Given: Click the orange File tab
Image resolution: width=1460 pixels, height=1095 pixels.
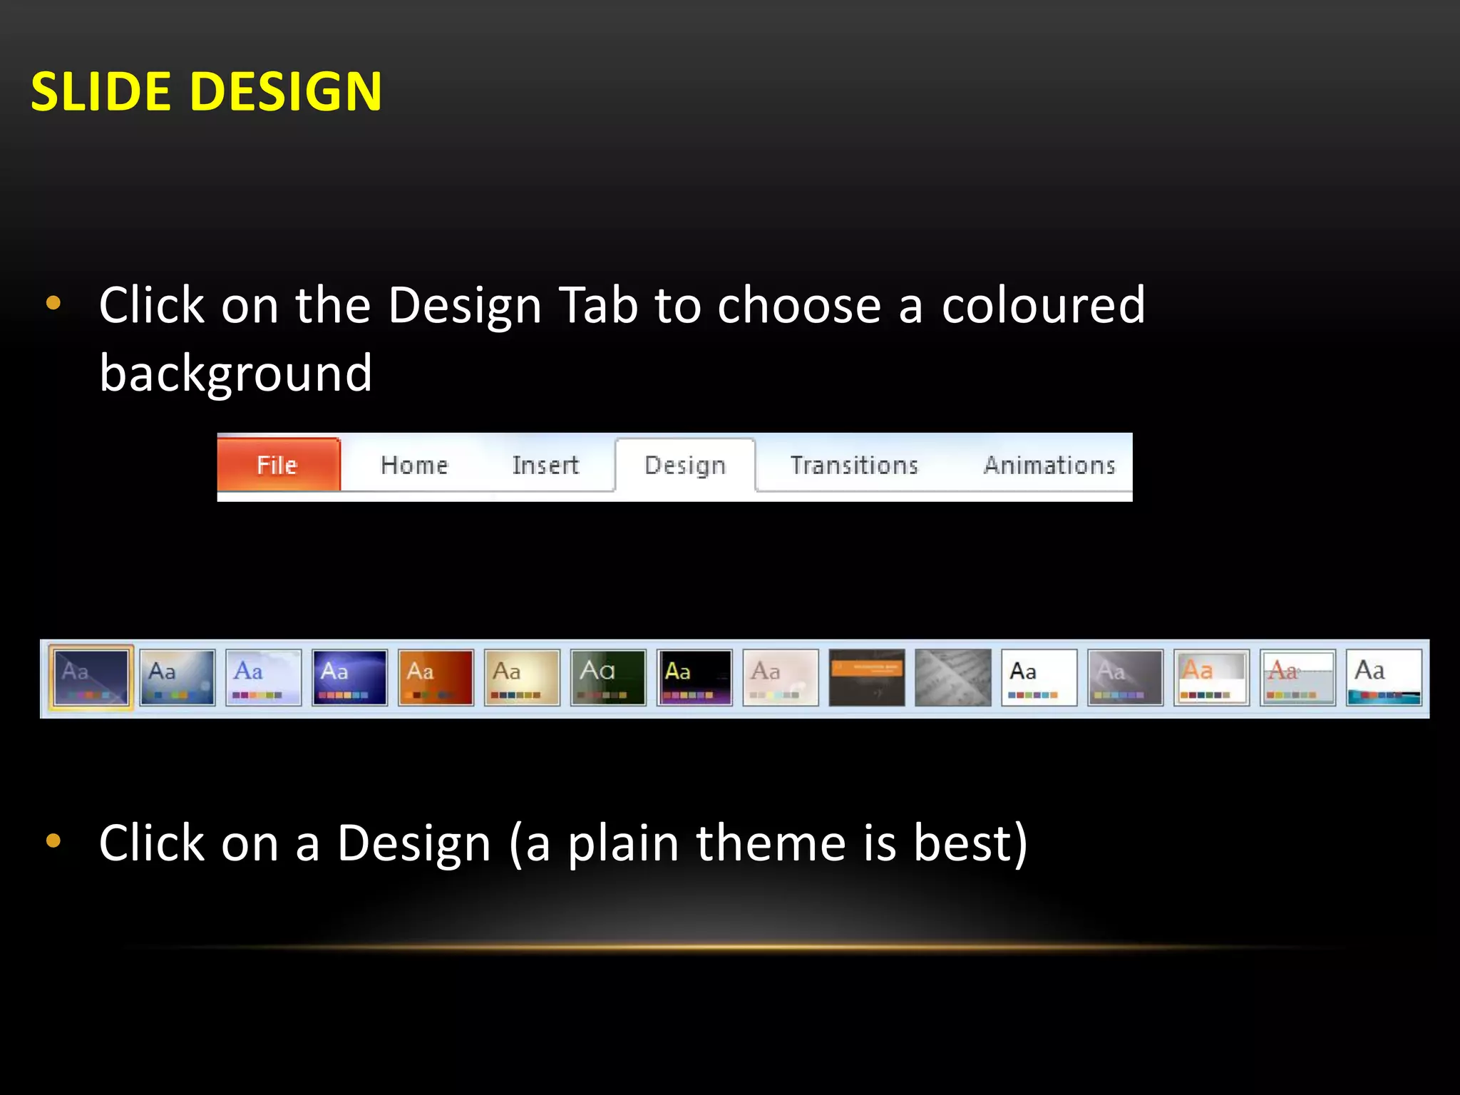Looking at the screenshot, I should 278,465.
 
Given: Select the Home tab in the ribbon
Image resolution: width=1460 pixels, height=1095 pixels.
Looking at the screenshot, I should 414,466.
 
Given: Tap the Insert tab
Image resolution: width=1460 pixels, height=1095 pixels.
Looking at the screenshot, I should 545,466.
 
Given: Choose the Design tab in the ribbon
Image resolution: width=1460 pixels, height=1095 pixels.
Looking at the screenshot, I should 685,466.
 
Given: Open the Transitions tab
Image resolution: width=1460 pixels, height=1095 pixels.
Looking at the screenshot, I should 854,466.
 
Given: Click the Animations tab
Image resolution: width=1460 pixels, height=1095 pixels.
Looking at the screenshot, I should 1049,466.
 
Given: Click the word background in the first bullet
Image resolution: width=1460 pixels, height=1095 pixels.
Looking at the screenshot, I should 235,373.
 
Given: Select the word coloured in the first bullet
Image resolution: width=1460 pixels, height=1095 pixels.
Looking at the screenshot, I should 1043,305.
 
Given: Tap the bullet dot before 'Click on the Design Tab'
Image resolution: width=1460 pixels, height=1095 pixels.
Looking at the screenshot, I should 53,304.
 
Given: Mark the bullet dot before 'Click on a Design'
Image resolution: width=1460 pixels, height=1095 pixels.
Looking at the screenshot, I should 53,841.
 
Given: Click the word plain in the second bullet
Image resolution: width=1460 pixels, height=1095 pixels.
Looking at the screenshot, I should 623,843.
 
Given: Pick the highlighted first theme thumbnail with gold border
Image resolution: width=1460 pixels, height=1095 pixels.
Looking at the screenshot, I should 91,677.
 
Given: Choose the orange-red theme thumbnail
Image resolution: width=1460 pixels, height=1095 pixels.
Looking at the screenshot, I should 436,677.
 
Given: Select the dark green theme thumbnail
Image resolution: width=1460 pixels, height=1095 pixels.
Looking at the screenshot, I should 608,677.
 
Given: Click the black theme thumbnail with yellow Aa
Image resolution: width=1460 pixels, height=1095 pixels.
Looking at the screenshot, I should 694,677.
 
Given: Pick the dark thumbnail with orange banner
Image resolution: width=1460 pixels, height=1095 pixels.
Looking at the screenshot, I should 867,677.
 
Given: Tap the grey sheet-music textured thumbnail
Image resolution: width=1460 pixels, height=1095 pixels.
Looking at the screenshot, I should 953,677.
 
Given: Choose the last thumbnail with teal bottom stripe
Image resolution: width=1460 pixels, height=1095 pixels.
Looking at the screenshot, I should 1384,677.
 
